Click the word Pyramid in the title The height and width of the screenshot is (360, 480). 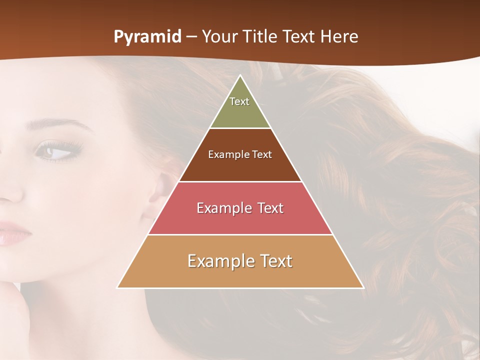click(147, 37)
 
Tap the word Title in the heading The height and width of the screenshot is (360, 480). click(262, 37)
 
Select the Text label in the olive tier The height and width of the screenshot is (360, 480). click(239, 101)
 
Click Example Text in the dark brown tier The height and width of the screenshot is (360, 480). click(240, 154)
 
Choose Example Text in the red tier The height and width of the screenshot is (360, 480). click(240, 208)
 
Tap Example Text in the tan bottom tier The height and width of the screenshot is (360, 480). click(240, 261)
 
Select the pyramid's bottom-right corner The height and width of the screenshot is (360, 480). click(363, 287)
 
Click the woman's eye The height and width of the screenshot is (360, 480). click(56, 151)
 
